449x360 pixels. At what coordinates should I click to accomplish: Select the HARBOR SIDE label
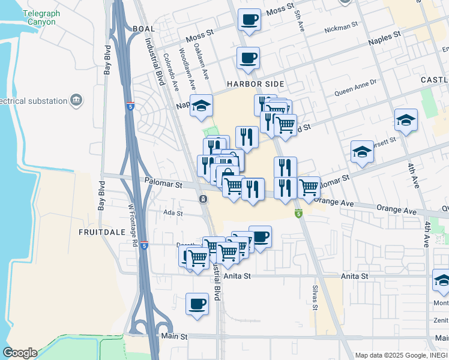(255, 85)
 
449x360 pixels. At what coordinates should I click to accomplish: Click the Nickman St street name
(340, 28)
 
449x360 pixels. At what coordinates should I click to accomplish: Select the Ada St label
(172, 213)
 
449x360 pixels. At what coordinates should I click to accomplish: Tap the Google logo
(20, 353)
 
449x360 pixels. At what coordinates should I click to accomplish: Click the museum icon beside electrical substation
(76, 100)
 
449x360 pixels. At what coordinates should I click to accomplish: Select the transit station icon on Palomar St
(203, 199)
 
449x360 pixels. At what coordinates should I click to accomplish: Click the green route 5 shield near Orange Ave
(298, 213)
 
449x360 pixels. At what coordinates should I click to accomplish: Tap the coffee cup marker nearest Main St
(197, 304)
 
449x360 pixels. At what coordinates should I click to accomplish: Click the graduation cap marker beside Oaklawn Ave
(202, 106)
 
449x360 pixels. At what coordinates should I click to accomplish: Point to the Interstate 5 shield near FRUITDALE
(144, 245)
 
